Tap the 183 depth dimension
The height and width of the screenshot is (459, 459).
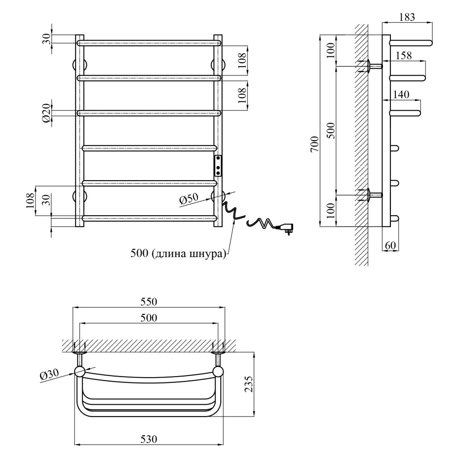pyautogui.click(x=406, y=17)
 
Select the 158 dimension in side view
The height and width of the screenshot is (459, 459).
pyautogui.click(x=404, y=56)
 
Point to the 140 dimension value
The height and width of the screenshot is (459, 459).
pyautogui.click(x=401, y=95)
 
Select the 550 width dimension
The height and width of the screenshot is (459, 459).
pyautogui.click(x=149, y=302)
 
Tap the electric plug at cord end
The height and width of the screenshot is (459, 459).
pyautogui.click(x=286, y=228)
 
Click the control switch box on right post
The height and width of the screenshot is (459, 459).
pyautogui.click(x=218, y=166)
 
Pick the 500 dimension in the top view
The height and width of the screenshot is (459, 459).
pyautogui.click(x=149, y=318)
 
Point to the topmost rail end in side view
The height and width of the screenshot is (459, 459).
pyautogui.click(x=431, y=43)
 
